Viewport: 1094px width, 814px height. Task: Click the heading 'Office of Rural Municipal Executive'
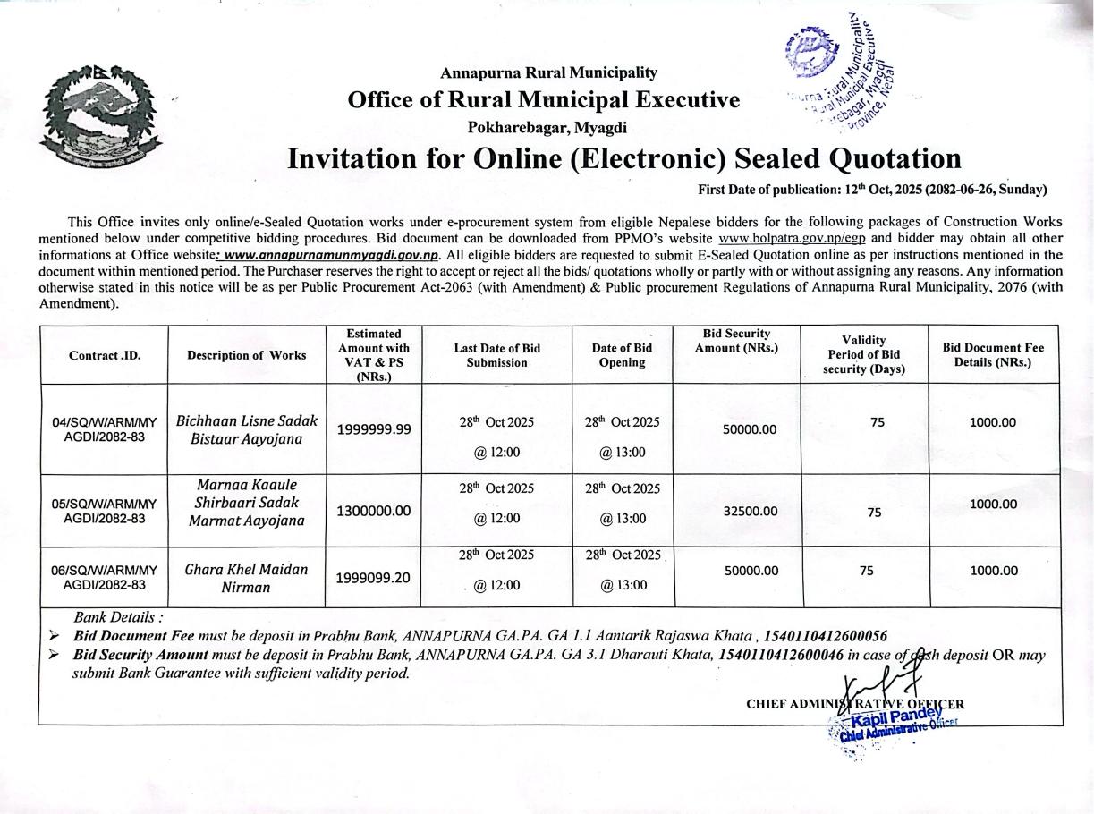pyautogui.click(x=544, y=99)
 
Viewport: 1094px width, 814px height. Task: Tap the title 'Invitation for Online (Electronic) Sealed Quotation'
pyautogui.click(x=623, y=158)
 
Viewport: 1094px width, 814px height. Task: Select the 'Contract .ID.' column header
pyautogui.click(x=105, y=355)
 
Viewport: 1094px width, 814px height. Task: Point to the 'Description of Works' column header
pyautogui.click(x=246, y=355)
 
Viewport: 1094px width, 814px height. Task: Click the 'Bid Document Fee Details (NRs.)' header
pyautogui.click(x=993, y=355)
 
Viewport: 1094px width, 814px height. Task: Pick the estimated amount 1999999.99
pyautogui.click(x=374, y=429)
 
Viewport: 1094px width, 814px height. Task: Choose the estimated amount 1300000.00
pyautogui.click(x=374, y=511)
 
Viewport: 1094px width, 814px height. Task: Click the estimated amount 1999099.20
pyautogui.click(x=373, y=578)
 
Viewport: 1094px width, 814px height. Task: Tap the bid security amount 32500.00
pyautogui.click(x=751, y=511)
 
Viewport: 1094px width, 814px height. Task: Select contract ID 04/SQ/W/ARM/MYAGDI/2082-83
pyautogui.click(x=104, y=429)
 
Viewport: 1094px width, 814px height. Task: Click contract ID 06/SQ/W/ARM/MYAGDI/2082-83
pyautogui.click(x=104, y=578)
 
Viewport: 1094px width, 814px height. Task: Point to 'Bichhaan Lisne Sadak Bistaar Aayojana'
pyautogui.click(x=247, y=430)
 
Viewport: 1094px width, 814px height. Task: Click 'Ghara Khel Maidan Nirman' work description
pyautogui.click(x=246, y=578)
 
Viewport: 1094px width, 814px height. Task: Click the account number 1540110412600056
pyautogui.click(x=825, y=636)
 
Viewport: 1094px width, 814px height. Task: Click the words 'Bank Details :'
pyautogui.click(x=118, y=617)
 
